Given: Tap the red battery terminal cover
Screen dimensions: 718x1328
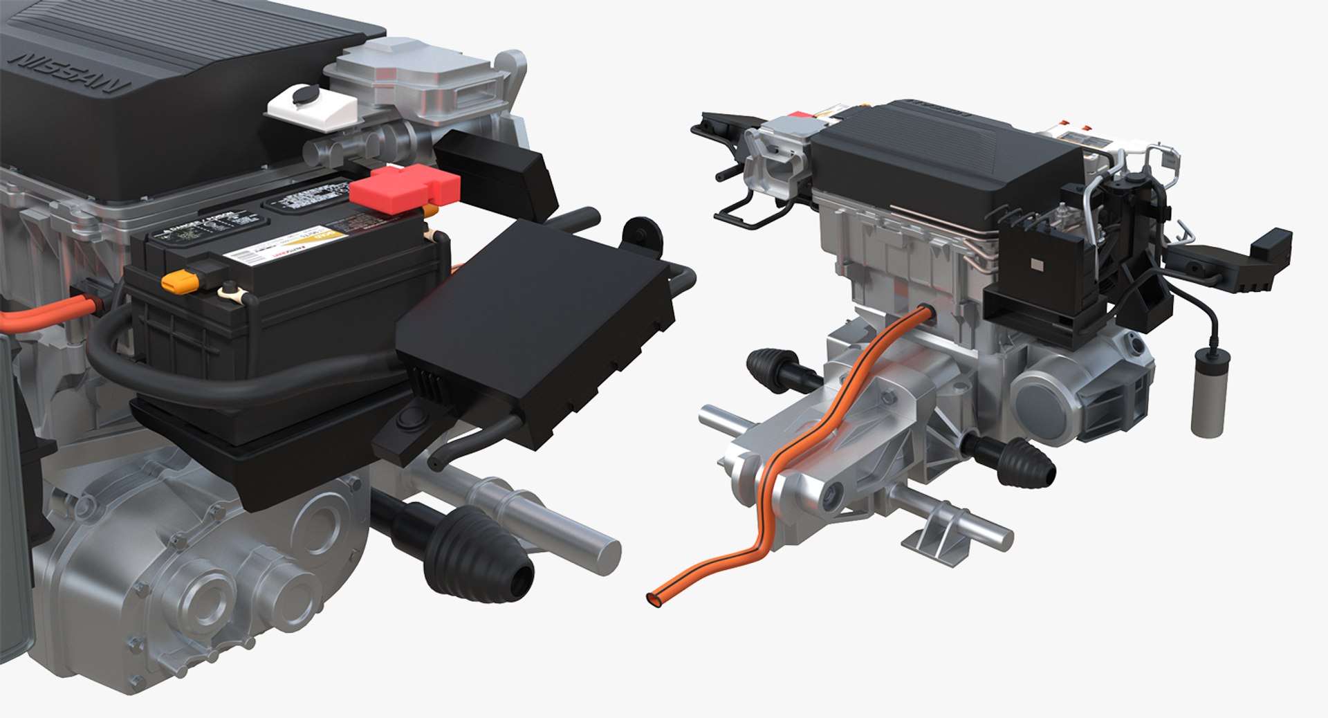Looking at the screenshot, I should (404, 187).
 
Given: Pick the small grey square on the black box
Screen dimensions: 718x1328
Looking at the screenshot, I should (1035, 264).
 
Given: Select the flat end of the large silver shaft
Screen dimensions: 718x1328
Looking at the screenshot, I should (606, 556).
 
